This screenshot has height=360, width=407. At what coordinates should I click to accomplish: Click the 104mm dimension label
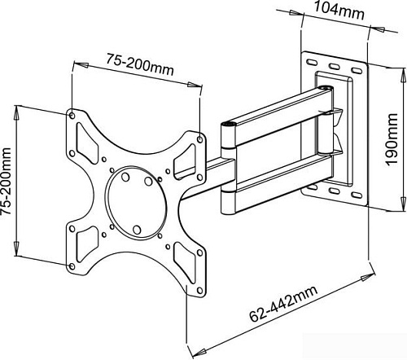point(339,11)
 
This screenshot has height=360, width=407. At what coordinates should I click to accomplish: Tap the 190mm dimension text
point(392,139)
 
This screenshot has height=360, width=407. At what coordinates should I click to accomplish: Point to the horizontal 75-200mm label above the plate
point(139,64)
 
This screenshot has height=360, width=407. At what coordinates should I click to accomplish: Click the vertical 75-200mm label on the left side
point(6,182)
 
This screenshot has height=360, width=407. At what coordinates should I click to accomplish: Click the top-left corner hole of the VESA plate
point(72,116)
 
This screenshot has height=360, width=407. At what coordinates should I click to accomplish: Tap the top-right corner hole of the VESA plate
point(199,139)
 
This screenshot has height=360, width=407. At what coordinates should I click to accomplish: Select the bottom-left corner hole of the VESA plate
point(72,266)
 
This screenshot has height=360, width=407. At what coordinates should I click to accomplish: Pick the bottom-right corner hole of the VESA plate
point(199,291)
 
